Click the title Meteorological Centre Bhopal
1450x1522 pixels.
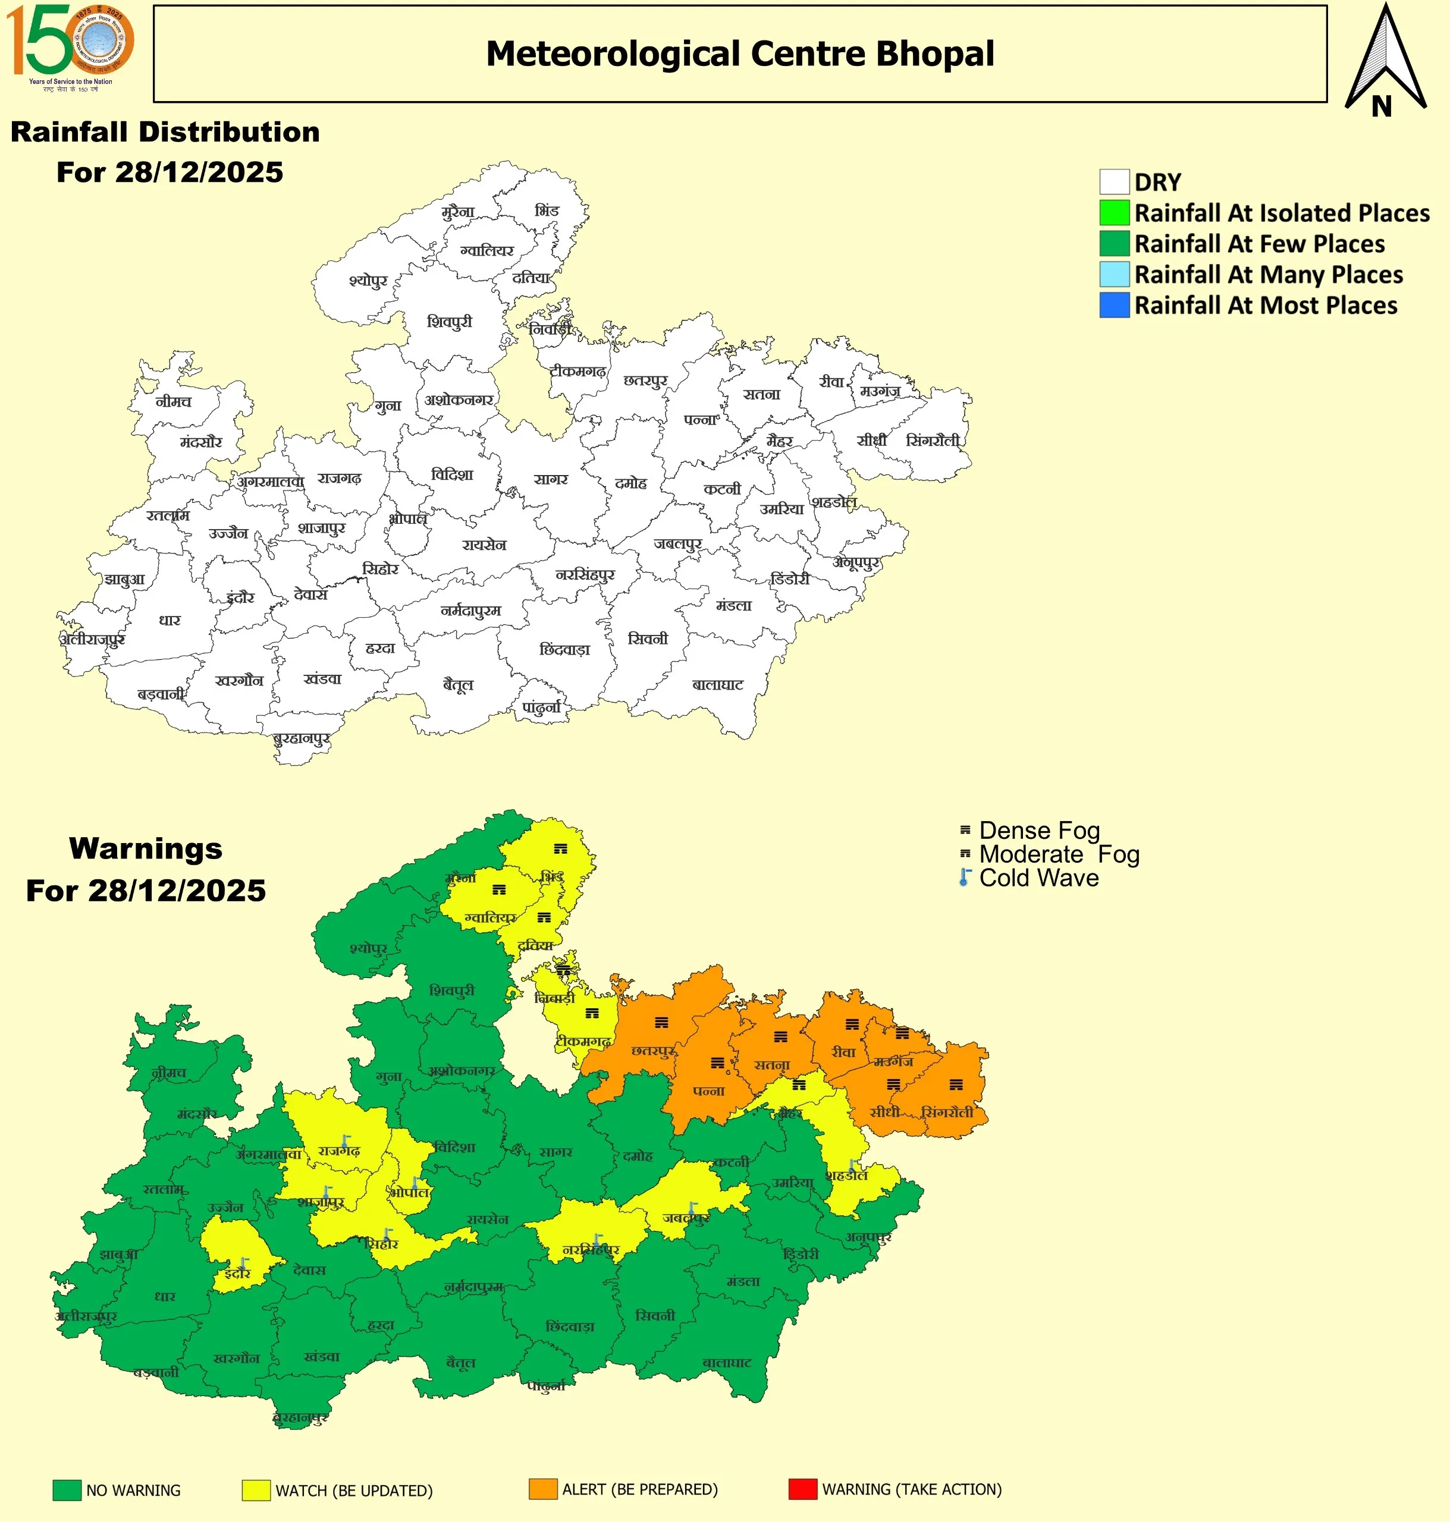(740, 54)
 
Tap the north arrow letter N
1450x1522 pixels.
(1381, 106)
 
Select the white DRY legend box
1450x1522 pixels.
(1114, 183)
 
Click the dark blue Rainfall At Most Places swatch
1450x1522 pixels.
(1114, 305)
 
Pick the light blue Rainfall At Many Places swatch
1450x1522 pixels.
(1114, 274)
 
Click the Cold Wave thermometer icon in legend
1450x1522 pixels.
(965, 878)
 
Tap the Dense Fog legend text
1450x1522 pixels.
(1039, 831)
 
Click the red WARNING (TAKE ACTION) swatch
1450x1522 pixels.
(802, 1489)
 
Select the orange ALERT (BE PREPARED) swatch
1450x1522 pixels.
(542, 1489)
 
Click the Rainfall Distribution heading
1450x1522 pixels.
(165, 132)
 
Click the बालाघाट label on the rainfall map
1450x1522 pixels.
(717, 684)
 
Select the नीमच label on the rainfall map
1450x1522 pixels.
(173, 402)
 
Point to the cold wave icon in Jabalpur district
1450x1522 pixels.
(692, 1207)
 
